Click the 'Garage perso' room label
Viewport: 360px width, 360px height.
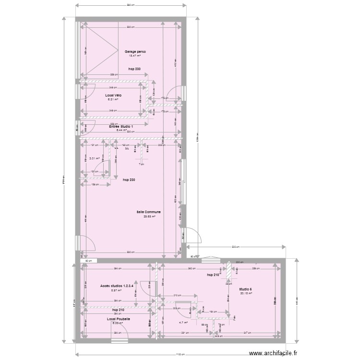click(135, 51)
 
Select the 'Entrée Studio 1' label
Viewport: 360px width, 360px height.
click(121, 126)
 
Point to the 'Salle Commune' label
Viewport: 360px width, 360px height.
click(148, 212)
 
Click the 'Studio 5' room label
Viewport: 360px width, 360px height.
click(245, 289)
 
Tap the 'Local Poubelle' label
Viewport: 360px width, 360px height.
click(118, 319)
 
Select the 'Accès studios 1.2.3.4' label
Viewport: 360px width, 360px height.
click(117, 286)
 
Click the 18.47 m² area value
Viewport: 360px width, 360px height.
click(134, 56)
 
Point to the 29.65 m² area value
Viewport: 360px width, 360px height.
click(148, 216)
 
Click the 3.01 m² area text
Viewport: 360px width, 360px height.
click(94, 158)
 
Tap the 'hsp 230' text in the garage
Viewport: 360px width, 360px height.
click(134, 69)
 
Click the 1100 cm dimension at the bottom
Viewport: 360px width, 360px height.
click(180, 355)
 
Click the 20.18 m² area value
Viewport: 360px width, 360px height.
click(245, 293)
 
